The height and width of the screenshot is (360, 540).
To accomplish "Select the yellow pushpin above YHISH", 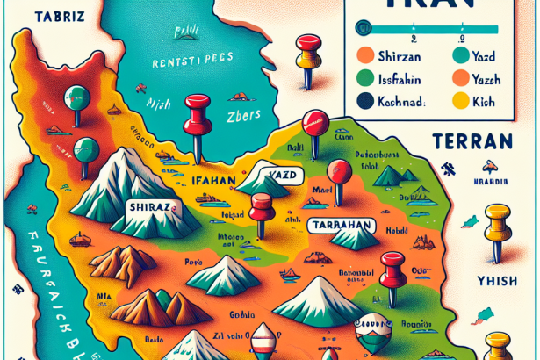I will [x=497, y=221].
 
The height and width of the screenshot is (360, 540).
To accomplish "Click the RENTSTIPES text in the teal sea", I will [x=186, y=64].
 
